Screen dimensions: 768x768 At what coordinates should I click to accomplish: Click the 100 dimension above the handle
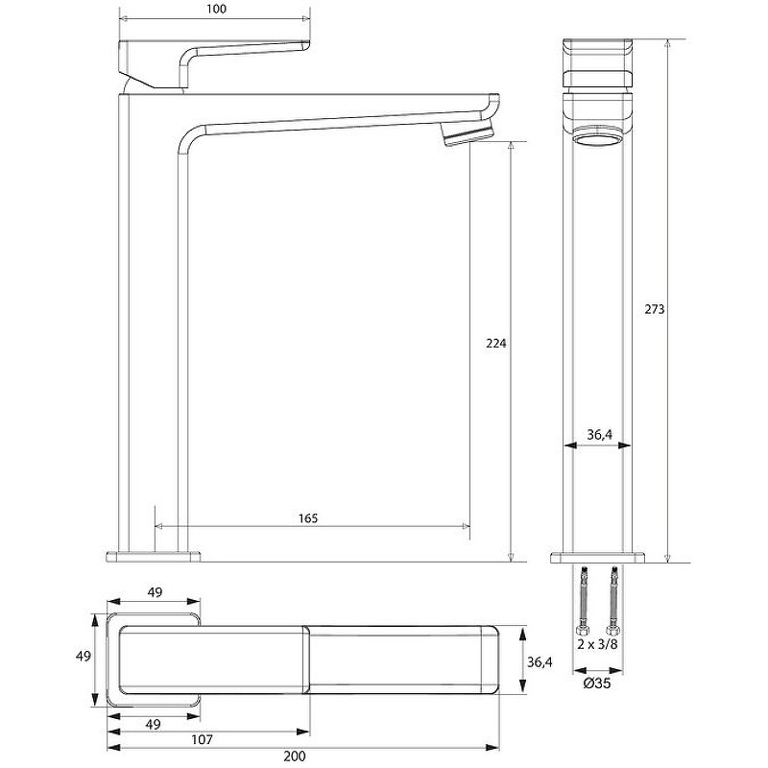217,9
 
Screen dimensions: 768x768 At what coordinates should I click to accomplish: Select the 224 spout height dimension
496,344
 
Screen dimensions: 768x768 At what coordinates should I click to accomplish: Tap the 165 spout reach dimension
308,517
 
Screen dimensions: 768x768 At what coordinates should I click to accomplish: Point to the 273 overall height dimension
655,309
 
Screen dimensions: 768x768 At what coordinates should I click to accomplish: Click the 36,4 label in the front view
599,435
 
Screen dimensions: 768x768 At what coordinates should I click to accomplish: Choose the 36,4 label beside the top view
540,661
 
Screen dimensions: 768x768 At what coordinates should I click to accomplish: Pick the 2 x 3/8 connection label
597,644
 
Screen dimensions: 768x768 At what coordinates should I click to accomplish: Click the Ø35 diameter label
597,683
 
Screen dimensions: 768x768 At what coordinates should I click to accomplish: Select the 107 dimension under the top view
202,739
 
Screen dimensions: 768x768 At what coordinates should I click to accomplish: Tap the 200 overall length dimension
295,756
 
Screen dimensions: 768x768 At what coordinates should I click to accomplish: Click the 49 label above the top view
155,592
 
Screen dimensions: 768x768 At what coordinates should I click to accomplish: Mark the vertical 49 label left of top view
84,656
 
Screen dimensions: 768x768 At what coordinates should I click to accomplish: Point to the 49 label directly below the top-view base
154,724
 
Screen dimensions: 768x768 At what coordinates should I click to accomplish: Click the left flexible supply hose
583,602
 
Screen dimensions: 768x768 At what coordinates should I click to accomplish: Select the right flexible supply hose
612,602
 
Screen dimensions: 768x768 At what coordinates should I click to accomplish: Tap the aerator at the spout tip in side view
468,134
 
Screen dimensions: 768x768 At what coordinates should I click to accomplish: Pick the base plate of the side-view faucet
154,557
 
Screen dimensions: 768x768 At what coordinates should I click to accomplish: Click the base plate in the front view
597,558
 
